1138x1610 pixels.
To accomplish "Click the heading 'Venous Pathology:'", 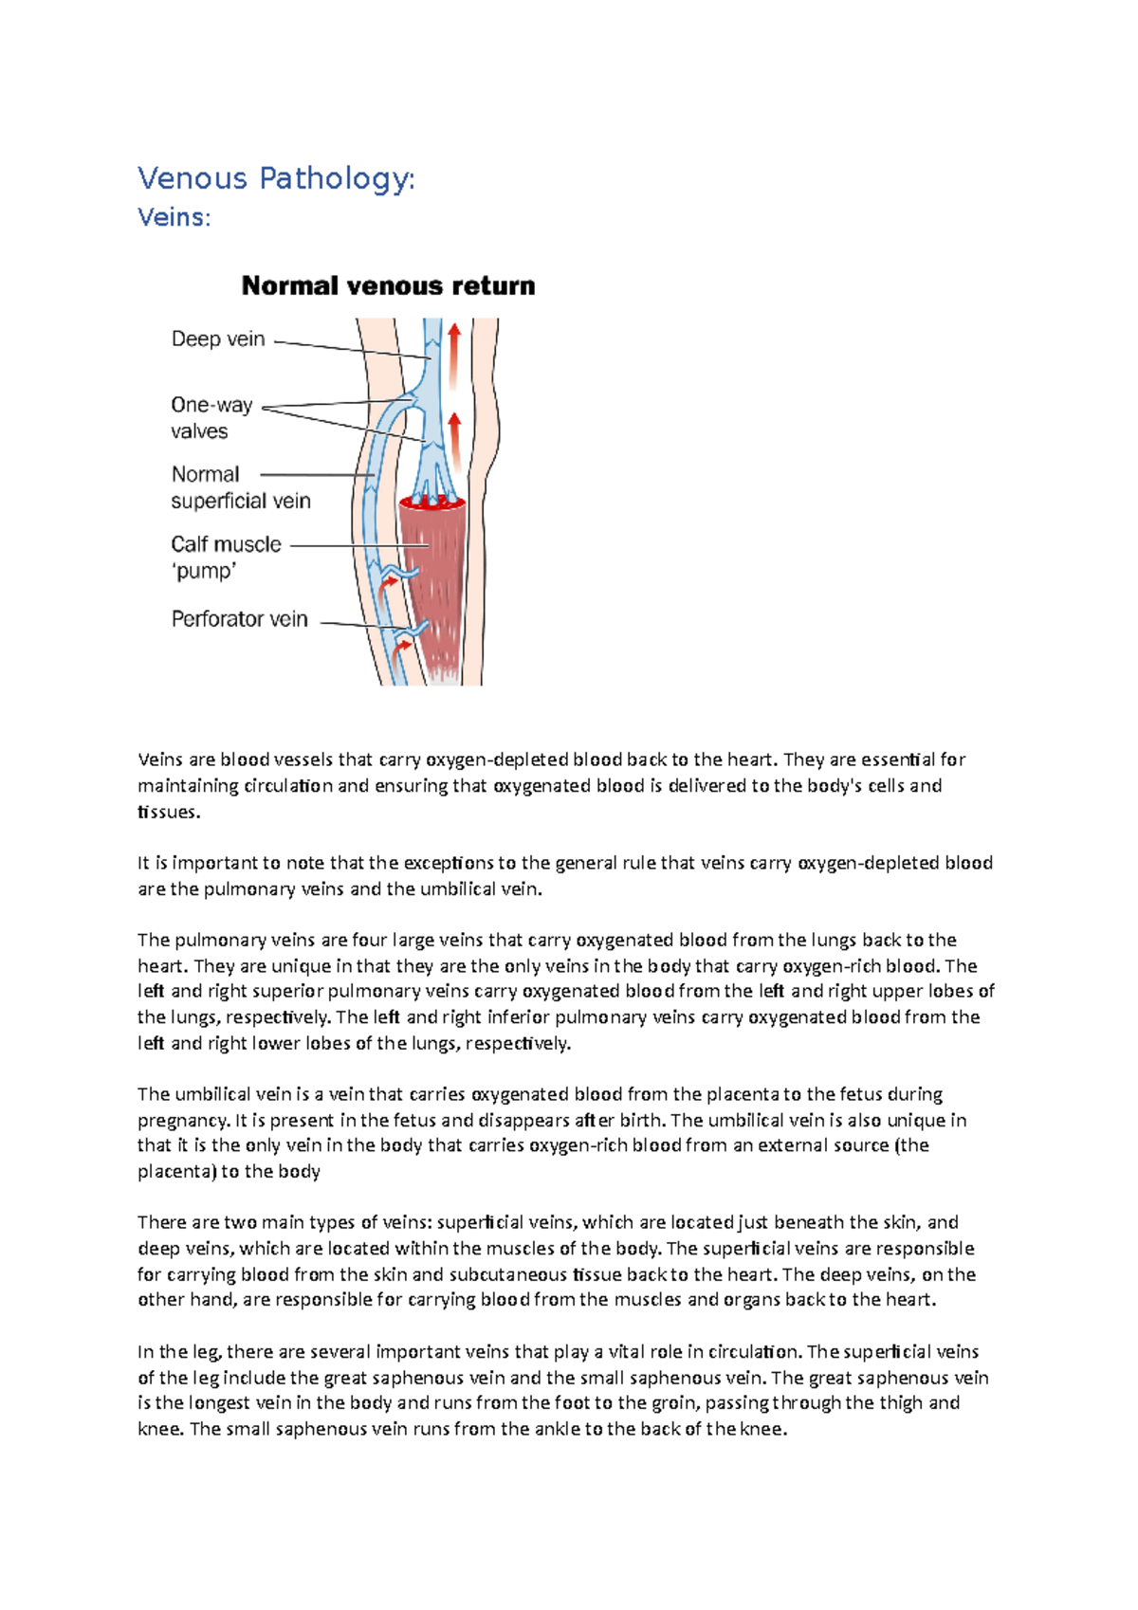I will point(276,178).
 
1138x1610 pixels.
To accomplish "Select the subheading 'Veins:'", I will point(174,218).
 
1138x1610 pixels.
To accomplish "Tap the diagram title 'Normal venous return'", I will point(388,285).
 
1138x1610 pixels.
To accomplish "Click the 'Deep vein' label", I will point(218,339).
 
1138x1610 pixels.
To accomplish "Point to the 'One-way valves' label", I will point(211,417).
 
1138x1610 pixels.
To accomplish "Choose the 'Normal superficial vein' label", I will point(240,487).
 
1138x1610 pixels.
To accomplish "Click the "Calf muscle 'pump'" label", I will point(226,557).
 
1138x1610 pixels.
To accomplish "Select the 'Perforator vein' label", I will point(239,619).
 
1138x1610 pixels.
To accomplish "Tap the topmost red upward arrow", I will point(454,356).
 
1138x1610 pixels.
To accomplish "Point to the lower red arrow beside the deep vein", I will point(455,441).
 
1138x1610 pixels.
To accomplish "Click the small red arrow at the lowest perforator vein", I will point(403,648).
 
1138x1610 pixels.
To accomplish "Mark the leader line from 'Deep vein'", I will point(351,348).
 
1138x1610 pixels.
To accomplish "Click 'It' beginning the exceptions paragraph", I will point(143,863).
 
